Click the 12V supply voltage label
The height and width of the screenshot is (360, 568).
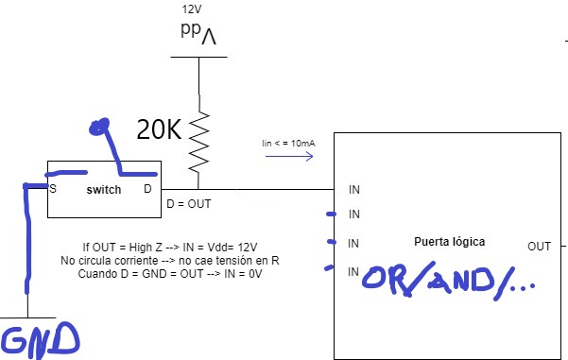click(192, 9)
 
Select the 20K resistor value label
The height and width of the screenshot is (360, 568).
click(159, 129)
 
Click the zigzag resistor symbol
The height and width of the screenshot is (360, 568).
click(198, 142)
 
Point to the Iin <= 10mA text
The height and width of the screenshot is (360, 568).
click(288, 144)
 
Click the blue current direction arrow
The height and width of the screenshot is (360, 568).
click(289, 156)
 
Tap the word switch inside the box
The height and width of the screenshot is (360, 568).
click(104, 190)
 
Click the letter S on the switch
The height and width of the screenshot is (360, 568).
click(53, 189)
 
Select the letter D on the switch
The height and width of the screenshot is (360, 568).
click(147, 189)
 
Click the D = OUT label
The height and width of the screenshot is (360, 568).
click(189, 204)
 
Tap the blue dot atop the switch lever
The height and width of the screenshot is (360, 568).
click(99, 127)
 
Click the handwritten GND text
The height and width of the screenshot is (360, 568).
click(40, 340)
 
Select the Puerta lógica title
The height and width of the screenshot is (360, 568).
click(449, 242)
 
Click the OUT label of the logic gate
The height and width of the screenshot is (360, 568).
click(539, 247)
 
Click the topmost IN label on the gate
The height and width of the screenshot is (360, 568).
click(354, 189)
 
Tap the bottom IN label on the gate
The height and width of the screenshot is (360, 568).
click(353, 271)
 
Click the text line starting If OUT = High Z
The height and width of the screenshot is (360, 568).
click(170, 248)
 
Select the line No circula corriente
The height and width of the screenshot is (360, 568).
click(170, 261)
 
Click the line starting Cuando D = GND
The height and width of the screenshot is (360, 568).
click(170, 273)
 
